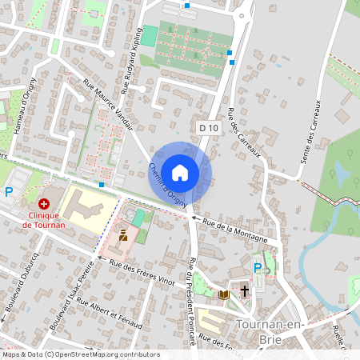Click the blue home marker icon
coord(180,172)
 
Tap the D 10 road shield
coord(209,127)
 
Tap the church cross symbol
coord(244,294)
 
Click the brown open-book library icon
coord(224,294)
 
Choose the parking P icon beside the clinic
coord(9,192)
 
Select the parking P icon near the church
coord(258,268)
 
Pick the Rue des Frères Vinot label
coord(142,274)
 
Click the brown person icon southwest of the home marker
coord(123,235)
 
